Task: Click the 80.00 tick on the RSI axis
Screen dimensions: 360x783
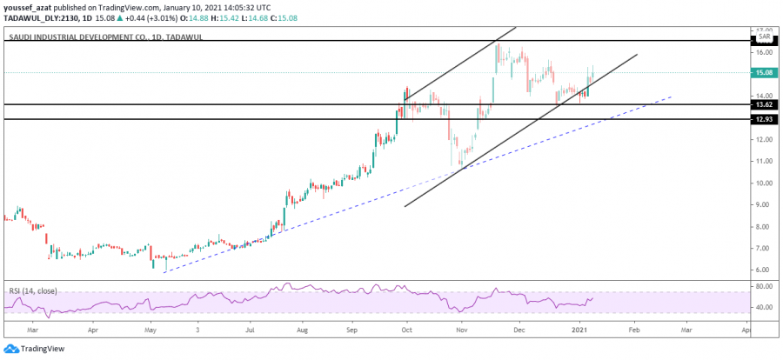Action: pos(764,286)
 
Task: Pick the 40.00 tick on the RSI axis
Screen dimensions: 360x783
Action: pos(764,308)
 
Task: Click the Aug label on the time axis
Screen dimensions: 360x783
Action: pos(303,331)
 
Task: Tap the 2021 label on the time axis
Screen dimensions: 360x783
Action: pos(581,331)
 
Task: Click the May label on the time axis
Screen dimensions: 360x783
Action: pos(150,331)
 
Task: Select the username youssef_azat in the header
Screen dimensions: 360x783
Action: pos(28,6)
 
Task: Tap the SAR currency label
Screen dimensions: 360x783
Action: pos(764,37)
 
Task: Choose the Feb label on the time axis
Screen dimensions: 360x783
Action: pos(633,331)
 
